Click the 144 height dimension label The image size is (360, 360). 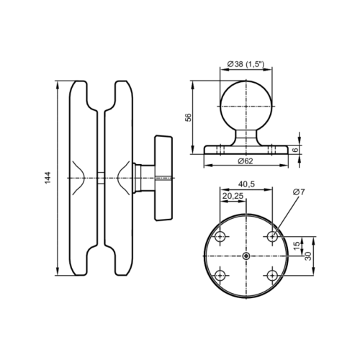(x=47, y=178)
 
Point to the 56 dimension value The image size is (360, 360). (x=188, y=117)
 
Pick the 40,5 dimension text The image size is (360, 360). (x=247, y=184)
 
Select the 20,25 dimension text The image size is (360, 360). (x=232, y=195)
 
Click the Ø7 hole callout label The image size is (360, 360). (x=300, y=192)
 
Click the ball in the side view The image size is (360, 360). (x=246, y=106)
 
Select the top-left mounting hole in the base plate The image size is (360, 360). (x=220, y=236)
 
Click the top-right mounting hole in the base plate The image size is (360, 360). (x=273, y=236)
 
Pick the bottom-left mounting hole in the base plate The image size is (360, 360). (x=220, y=274)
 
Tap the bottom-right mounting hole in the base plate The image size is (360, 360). (x=273, y=274)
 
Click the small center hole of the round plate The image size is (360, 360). (x=246, y=256)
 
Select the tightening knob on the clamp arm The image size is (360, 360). (x=163, y=177)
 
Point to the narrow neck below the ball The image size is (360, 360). (x=246, y=137)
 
